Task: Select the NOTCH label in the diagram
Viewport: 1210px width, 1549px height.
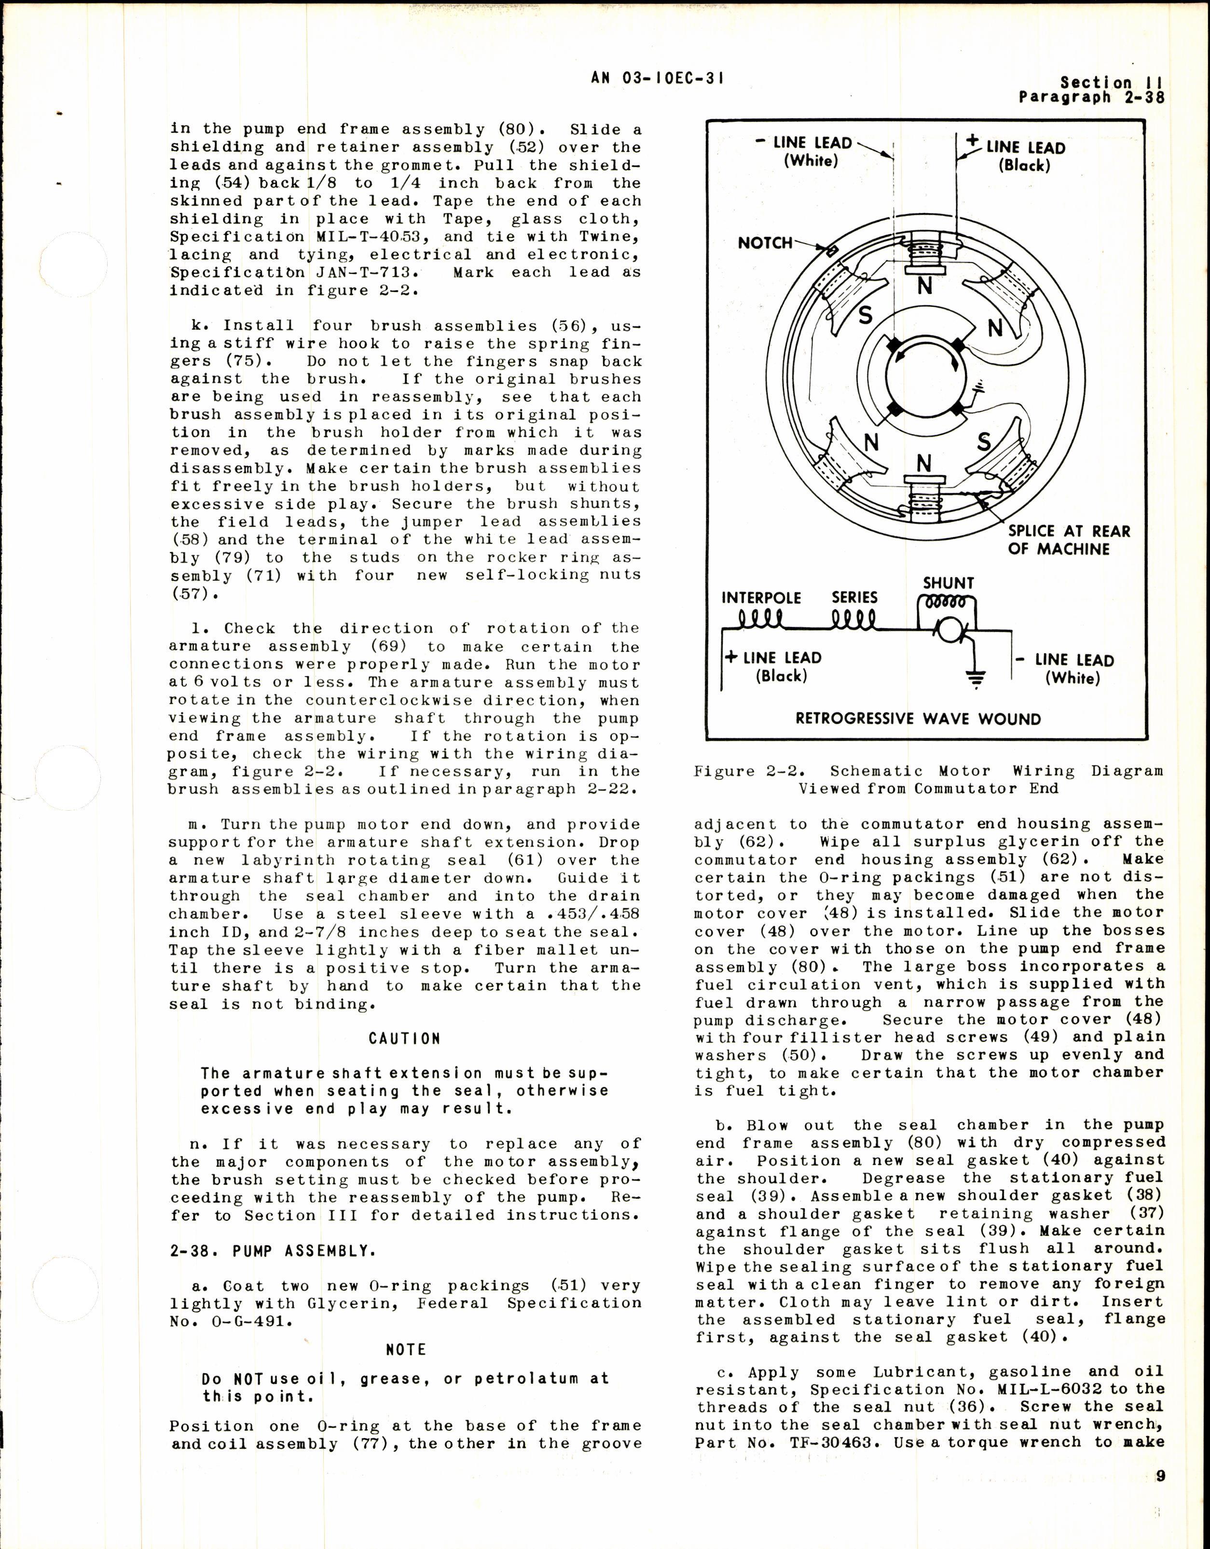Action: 765,243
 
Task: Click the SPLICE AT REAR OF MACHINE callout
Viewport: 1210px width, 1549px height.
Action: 1068,540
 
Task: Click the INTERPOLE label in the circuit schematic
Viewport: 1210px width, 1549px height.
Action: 760,598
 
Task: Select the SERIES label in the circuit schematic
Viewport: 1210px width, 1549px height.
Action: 854,597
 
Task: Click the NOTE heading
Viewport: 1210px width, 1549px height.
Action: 405,1350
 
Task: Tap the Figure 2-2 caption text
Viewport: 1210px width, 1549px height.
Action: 928,779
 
